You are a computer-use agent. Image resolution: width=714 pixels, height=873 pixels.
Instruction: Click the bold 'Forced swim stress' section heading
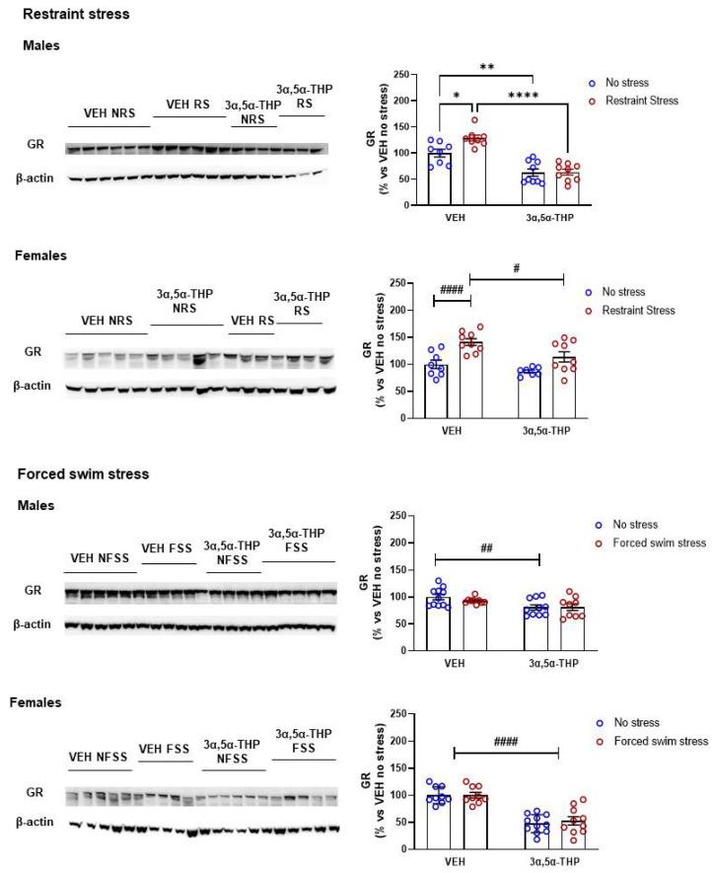[x=83, y=474]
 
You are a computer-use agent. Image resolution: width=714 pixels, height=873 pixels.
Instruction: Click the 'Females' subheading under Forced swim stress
[x=36, y=703]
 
